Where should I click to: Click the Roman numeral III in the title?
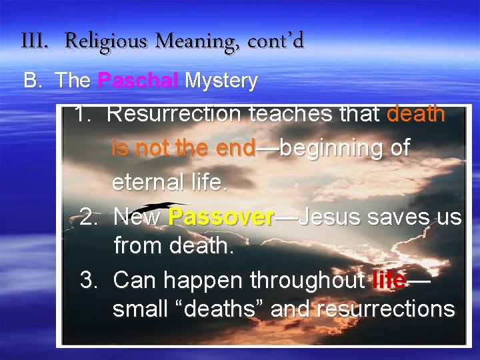pyautogui.click(x=35, y=42)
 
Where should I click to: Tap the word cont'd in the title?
pyautogui.click(x=275, y=42)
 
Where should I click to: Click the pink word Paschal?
pyautogui.click(x=138, y=81)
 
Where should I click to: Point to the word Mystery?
pyautogui.click(x=221, y=81)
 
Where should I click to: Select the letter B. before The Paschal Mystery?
pyautogui.click(x=33, y=81)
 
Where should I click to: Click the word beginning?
pyautogui.click(x=331, y=148)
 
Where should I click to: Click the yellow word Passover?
pyautogui.click(x=221, y=217)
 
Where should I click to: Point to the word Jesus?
pyautogui.click(x=330, y=217)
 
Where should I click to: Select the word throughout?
pyautogui.click(x=308, y=281)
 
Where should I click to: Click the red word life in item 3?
pyautogui.click(x=389, y=281)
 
